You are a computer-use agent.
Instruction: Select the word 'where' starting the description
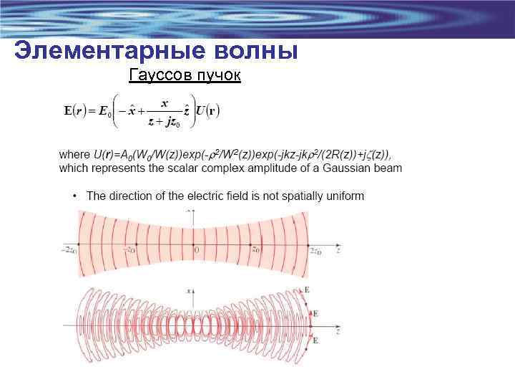click(74, 155)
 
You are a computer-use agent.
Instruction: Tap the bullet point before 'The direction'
click(74, 196)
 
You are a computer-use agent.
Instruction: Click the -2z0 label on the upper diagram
click(69, 251)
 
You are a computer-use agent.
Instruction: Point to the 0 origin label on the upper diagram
click(197, 250)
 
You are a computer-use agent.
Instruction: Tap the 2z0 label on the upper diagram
click(315, 251)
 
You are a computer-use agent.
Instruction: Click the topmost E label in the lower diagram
click(307, 290)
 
